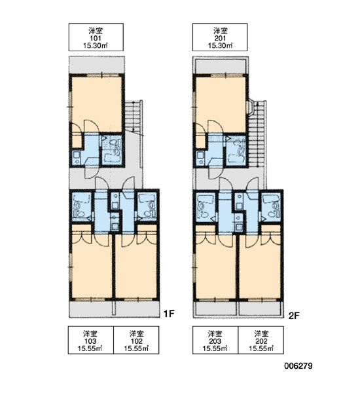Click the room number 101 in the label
96,39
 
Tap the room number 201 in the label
220,39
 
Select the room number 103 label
90,341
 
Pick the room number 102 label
137,341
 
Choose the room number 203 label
215,341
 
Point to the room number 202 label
261,341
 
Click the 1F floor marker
169,314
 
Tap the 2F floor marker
294,316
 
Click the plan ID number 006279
298,366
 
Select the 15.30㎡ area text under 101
96,46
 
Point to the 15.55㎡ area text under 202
261,348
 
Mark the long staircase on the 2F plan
257,134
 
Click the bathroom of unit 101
111,150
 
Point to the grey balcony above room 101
97,65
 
